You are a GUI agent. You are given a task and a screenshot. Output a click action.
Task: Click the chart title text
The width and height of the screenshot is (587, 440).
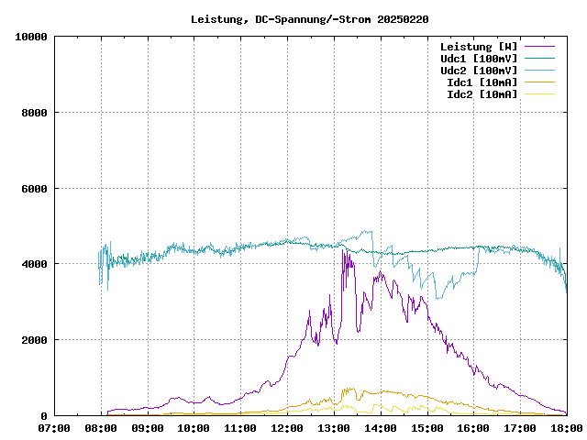[x=310, y=18]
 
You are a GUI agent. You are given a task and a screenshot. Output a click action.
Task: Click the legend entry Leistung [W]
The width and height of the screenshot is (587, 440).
[x=478, y=47]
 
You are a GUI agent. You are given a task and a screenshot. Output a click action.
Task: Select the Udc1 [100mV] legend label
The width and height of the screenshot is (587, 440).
[x=478, y=59]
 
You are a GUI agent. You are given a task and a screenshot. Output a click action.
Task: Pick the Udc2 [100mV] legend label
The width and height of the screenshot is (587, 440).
[x=478, y=71]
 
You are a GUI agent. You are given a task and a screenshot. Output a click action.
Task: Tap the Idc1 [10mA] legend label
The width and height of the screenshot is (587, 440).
[x=481, y=82]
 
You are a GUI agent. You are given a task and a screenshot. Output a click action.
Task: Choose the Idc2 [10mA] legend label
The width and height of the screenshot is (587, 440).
[x=481, y=94]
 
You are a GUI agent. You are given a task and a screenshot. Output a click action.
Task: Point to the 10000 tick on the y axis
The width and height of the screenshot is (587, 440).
[x=31, y=37]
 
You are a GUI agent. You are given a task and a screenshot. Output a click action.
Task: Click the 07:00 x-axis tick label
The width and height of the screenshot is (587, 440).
[x=54, y=427]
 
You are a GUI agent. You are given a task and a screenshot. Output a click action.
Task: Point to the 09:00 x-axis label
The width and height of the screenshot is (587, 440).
[x=148, y=427]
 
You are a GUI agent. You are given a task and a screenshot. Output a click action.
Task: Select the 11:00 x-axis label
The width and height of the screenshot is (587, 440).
[x=240, y=427]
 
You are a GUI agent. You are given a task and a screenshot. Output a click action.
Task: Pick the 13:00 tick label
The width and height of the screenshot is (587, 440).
[x=334, y=427]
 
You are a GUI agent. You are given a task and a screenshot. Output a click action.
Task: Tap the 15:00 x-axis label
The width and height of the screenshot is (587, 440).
[x=426, y=427]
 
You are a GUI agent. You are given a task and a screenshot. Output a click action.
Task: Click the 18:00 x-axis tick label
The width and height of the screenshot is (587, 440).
[x=566, y=427]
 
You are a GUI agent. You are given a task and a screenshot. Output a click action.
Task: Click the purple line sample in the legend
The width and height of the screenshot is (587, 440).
[x=539, y=47]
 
